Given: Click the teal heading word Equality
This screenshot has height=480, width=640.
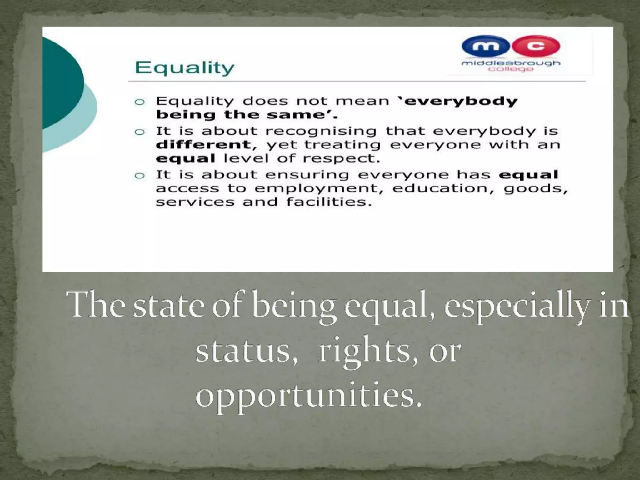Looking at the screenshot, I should (184, 68).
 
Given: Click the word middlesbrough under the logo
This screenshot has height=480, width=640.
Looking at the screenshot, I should (511, 63).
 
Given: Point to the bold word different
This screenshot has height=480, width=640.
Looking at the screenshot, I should (203, 144).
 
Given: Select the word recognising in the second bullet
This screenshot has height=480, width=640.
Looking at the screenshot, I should (321, 131).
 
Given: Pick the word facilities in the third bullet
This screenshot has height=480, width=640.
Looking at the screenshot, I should (329, 202).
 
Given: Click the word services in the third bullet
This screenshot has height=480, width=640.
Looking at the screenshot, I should (195, 202).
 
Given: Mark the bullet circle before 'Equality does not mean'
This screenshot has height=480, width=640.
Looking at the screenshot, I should (139, 102).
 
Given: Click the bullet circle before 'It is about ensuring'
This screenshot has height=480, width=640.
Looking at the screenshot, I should (139, 176).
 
